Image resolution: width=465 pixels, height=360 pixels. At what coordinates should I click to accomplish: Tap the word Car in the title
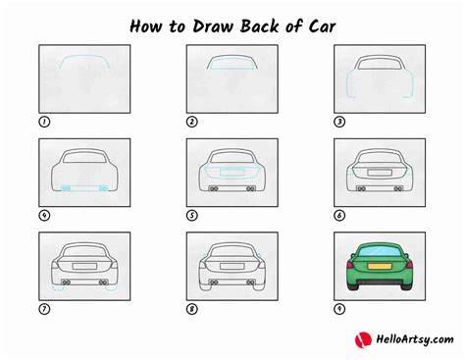pyautogui.click(x=322, y=26)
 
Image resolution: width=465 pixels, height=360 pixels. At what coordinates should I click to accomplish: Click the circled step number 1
pyautogui.click(x=44, y=122)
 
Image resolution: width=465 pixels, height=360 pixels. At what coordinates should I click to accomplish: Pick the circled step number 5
pyautogui.click(x=192, y=216)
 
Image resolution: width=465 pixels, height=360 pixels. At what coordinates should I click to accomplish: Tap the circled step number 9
pyautogui.click(x=339, y=309)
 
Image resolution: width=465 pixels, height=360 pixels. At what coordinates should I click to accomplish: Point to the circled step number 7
pyautogui.click(x=44, y=309)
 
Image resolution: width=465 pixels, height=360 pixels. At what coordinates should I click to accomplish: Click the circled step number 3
pyautogui.click(x=339, y=122)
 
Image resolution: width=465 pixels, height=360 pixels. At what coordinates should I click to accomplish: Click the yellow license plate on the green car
pyautogui.click(x=380, y=266)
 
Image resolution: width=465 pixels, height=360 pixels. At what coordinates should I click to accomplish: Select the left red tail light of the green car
pyautogui.click(x=351, y=264)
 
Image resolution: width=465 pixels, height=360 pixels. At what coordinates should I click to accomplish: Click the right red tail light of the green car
pyautogui.click(x=409, y=264)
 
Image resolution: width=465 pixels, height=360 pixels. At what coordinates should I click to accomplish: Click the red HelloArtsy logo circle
pyautogui.click(x=363, y=340)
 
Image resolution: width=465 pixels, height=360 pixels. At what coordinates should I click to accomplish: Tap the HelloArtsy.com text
pyautogui.click(x=415, y=339)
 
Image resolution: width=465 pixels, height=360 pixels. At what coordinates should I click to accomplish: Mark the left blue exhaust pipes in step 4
pyautogui.click(x=67, y=188)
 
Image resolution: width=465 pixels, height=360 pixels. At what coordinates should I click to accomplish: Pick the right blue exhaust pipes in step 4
pyautogui.click(x=103, y=188)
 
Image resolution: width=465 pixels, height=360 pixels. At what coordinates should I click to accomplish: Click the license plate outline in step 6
pyautogui.click(x=380, y=173)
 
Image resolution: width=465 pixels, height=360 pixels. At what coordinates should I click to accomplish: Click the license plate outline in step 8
pyautogui.click(x=232, y=266)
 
